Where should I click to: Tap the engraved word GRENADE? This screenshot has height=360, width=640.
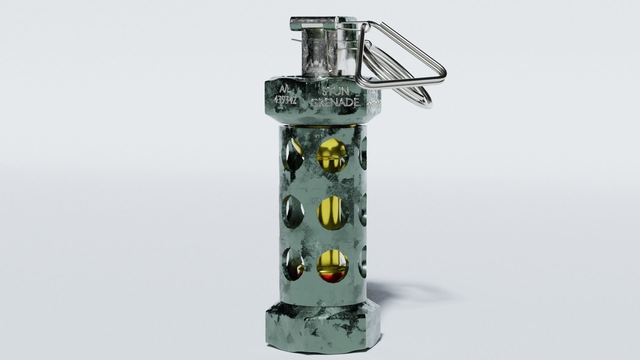click(x=335, y=103)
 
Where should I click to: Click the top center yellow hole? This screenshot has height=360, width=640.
click(x=332, y=155)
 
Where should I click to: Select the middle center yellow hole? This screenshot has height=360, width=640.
click(x=332, y=213)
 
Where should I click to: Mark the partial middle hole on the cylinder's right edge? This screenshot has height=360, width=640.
click(x=363, y=208)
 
